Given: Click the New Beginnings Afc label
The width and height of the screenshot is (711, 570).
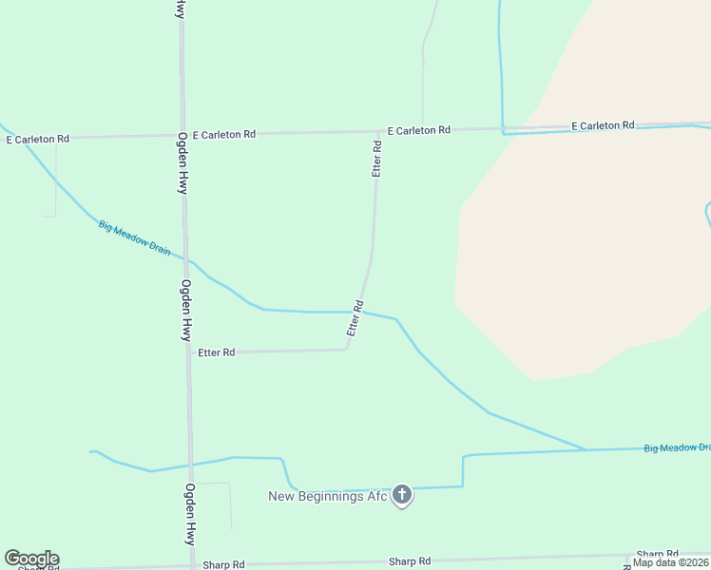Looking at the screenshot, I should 328,496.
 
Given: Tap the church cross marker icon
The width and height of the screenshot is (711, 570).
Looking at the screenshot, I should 402,494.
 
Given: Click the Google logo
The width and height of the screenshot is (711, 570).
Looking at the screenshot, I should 31,559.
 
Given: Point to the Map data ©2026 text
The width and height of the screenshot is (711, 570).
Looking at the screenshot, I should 670,562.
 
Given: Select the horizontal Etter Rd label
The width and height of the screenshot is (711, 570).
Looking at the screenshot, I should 216,352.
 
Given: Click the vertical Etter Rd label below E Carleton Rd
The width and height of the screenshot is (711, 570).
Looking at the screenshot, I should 377,159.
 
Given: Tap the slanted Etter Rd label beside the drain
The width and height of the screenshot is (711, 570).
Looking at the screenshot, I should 356,319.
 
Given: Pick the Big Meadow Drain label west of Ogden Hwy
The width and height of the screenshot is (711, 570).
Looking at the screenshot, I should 134,237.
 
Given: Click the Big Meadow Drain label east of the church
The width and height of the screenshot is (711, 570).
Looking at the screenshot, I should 677,447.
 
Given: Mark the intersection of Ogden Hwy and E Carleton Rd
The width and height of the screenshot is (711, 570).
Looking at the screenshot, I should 182,136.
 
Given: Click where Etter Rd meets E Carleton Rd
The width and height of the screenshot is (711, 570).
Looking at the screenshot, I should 377,132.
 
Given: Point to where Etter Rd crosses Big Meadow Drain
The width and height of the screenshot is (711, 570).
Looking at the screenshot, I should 363,312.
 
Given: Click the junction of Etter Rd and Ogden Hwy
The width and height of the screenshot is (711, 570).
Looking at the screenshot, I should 188,352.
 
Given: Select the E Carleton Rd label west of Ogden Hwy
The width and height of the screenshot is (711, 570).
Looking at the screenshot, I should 38,139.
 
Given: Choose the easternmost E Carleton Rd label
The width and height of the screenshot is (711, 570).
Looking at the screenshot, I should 603,125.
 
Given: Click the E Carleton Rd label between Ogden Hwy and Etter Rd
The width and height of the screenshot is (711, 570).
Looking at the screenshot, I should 223,135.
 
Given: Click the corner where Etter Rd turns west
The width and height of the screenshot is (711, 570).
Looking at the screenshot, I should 346,349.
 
